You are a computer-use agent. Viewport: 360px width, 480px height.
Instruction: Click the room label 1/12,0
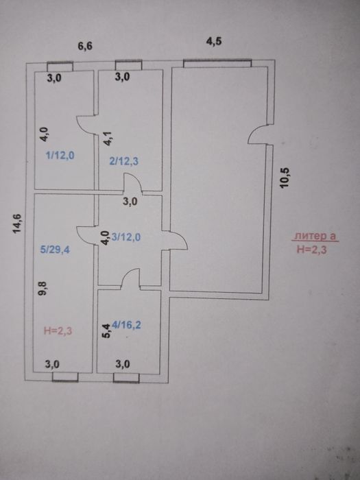60,156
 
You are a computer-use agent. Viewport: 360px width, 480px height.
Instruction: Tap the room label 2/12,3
123,160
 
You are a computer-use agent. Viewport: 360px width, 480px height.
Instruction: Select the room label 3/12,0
126,237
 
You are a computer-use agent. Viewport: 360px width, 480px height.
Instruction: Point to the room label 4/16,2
126,325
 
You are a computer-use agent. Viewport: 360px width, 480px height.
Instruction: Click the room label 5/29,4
55,250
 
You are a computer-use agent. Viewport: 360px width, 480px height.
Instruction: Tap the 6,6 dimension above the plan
85,47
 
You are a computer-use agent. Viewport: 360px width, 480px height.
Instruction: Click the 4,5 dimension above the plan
214,41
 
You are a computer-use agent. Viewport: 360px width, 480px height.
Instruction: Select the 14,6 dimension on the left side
17,224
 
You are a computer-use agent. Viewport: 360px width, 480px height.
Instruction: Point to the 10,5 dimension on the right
285,178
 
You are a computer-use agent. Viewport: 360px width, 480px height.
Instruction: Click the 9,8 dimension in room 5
42,289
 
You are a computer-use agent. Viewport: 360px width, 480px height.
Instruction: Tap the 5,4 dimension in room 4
106,331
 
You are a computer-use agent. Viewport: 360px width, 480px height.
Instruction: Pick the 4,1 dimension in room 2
108,139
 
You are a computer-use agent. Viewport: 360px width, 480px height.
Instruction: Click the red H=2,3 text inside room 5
58,331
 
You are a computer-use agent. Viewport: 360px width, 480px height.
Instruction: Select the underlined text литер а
315,237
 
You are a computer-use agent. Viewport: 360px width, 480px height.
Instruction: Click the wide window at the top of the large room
217,63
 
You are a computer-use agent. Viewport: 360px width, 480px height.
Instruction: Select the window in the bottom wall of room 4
126,378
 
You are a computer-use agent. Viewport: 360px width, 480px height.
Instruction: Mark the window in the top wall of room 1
60,67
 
